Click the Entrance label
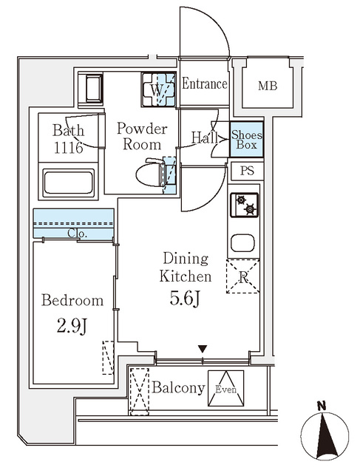coord(204,84)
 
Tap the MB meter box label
coord(268,86)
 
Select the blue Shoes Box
coord(245,139)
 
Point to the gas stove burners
coord(245,204)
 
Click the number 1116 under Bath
coord(68,147)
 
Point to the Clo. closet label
coord(77,234)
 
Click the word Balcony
coord(178,388)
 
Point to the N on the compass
coord(321,405)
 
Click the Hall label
coord(204,136)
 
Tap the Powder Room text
coord(142,137)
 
